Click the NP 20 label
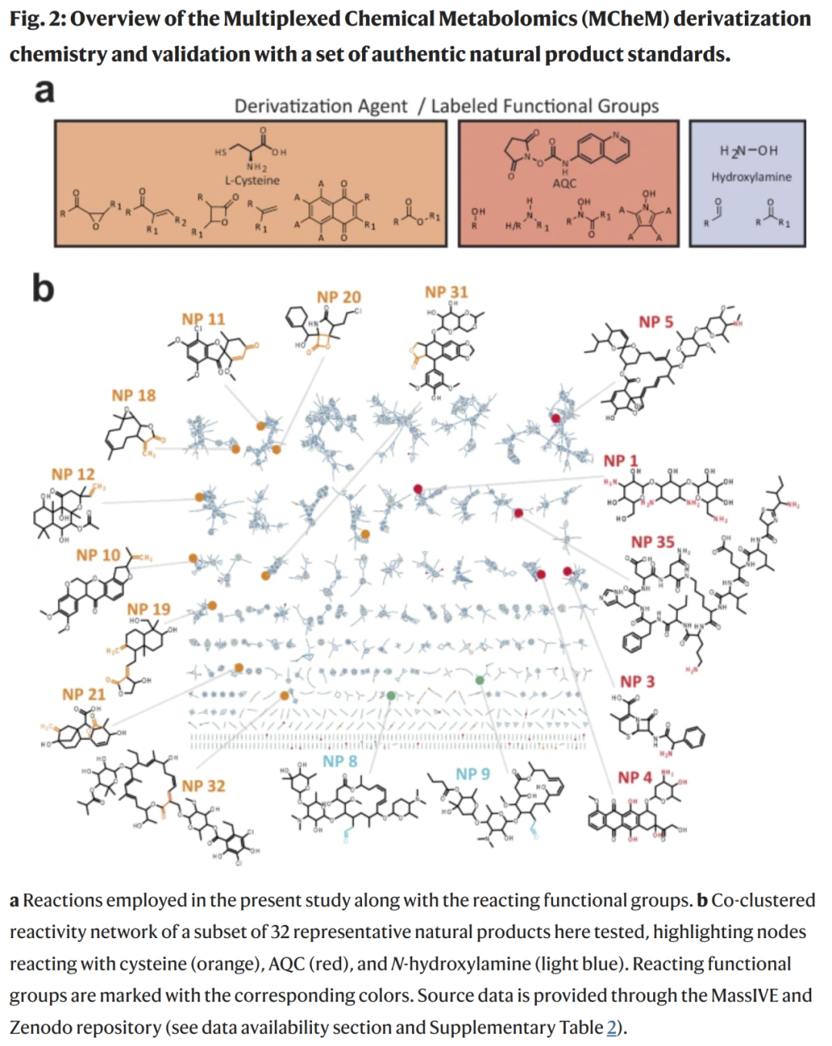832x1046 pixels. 338,297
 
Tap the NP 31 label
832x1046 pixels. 446,293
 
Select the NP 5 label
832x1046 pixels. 656,322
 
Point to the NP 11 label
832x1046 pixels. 203,320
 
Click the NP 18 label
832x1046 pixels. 133,396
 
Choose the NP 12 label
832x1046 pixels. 73,474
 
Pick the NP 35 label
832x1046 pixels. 653,542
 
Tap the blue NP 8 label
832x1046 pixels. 340,762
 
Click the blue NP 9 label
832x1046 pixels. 472,774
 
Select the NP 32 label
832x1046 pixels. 203,786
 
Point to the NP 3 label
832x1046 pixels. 637,682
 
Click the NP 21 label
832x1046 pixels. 83,695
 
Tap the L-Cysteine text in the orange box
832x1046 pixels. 252,181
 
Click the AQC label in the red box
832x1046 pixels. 564,183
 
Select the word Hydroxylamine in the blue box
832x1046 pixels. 751,177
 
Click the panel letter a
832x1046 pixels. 45,91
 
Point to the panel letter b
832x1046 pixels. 43,288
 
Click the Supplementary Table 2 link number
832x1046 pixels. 612,1028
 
